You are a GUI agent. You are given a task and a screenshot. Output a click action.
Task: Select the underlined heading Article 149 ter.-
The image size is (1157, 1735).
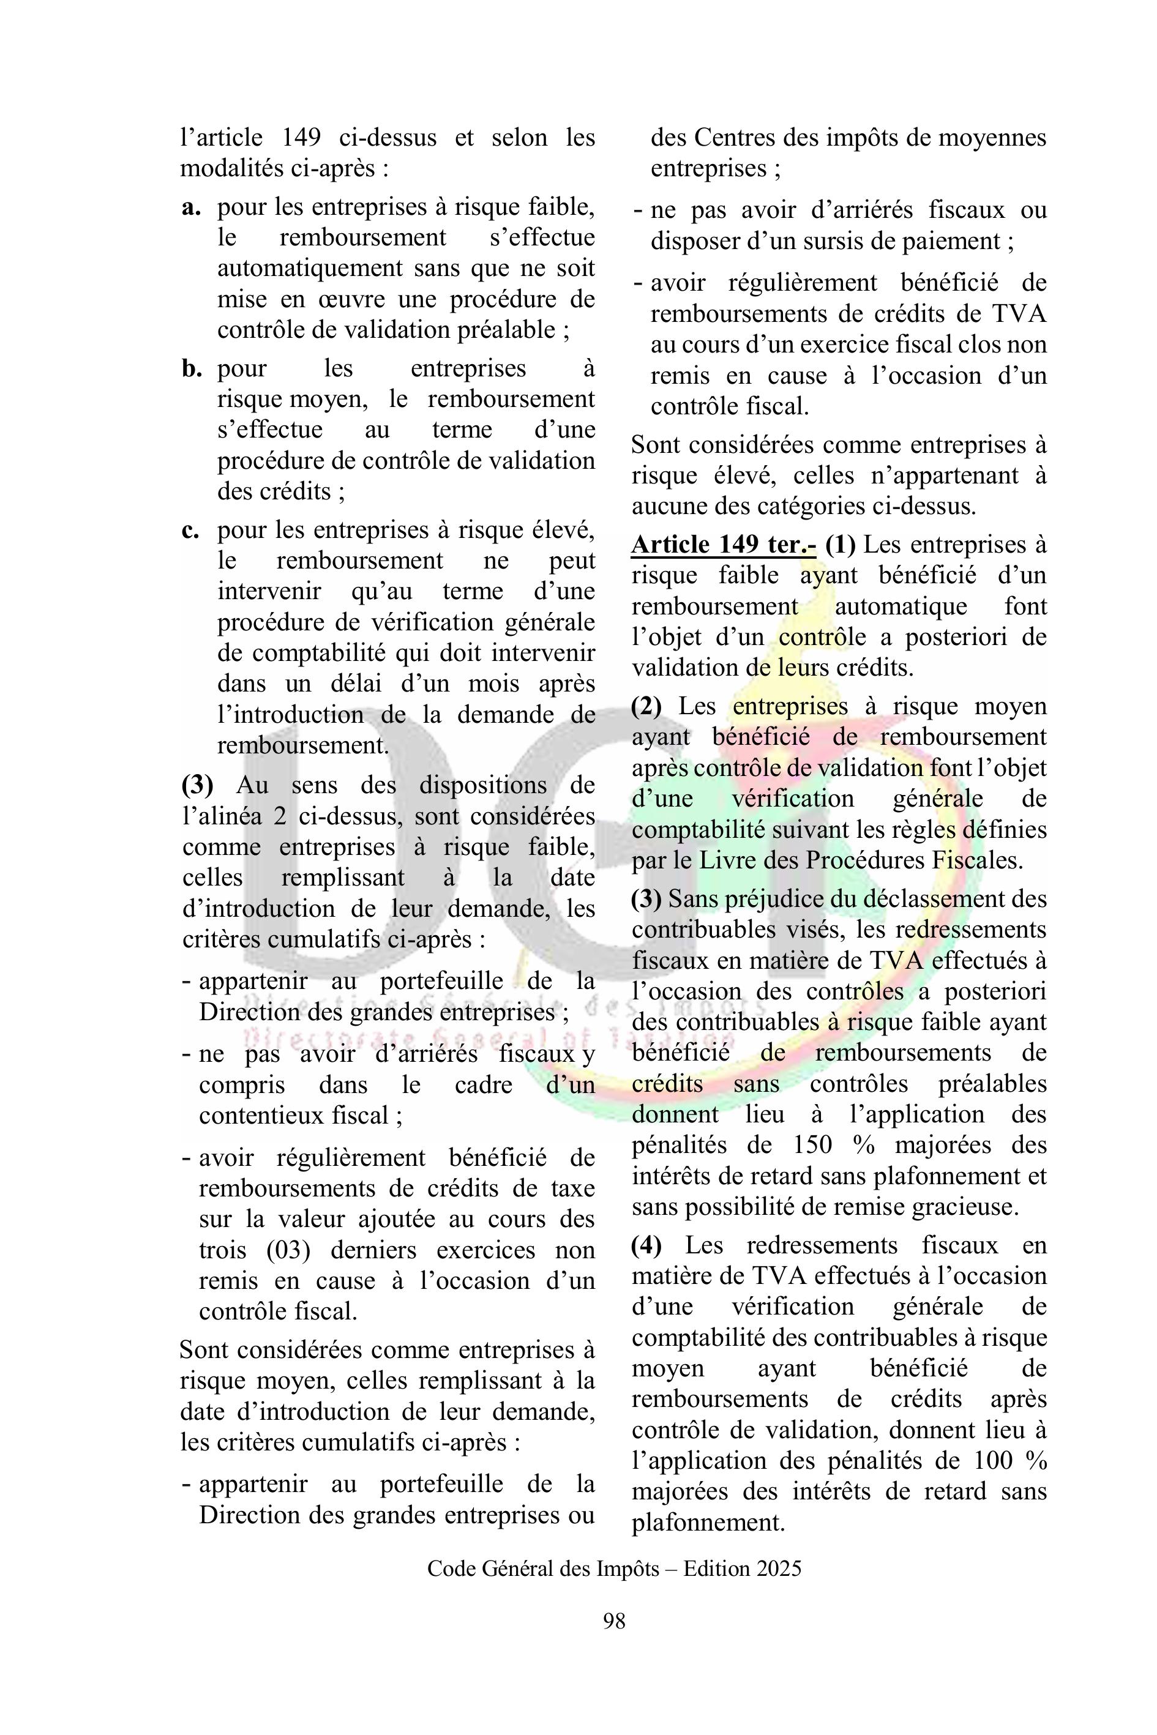click(x=724, y=545)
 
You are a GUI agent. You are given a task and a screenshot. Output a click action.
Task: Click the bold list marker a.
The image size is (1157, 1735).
click(x=191, y=207)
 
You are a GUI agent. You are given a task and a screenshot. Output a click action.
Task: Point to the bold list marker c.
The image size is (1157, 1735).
click(x=190, y=531)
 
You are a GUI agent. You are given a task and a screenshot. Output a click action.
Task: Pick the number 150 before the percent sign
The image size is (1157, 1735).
click(x=812, y=1145)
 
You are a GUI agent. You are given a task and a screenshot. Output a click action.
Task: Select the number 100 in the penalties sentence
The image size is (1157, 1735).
click(x=992, y=1461)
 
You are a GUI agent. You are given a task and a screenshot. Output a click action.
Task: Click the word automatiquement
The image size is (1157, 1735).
click(x=309, y=269)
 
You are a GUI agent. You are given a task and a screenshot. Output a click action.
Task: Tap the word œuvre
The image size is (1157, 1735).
click(x=359, y=299)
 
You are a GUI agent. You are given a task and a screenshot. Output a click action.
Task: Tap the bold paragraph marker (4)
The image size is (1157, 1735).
click(x=646, y=1245)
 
